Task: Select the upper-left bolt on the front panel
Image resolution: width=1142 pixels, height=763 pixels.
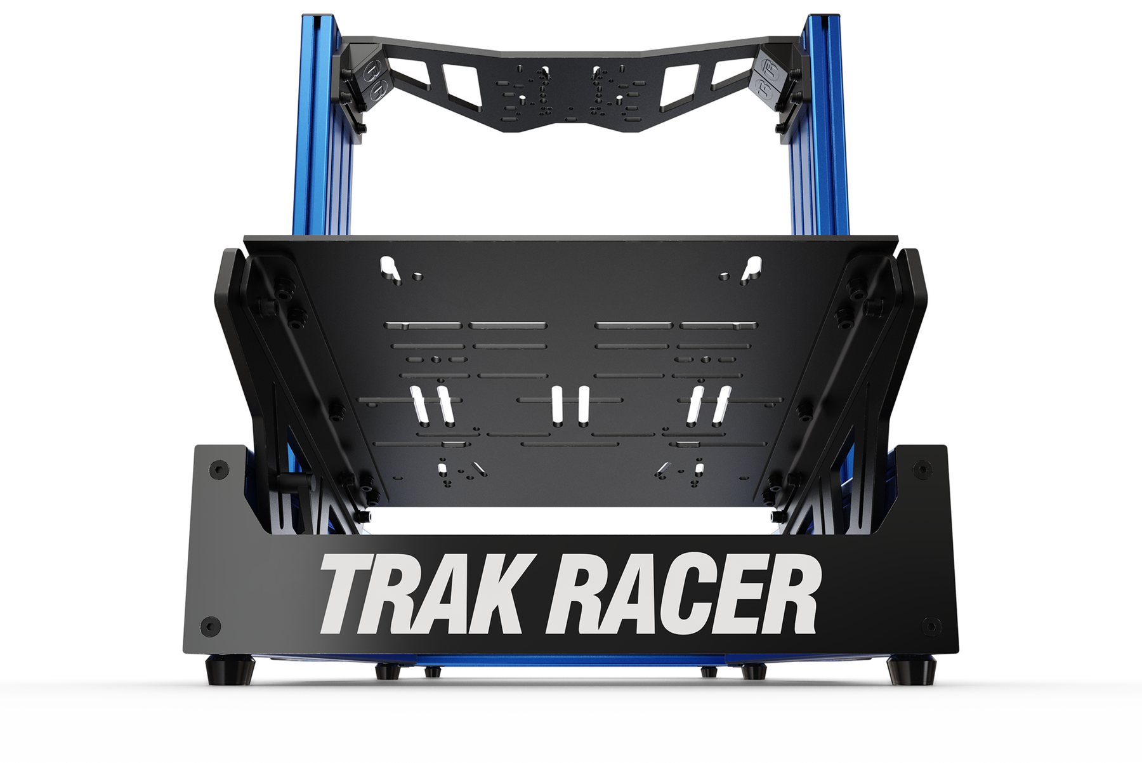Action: (x=220, y=470)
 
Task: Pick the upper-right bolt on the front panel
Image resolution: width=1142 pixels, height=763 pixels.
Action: (x=922, y=470)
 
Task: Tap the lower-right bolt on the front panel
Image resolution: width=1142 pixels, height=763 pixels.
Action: (x=931, y=625)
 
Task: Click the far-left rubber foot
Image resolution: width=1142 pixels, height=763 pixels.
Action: (x=231, y=669)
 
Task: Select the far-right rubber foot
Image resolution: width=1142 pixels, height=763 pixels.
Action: (x=911, y=669)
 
